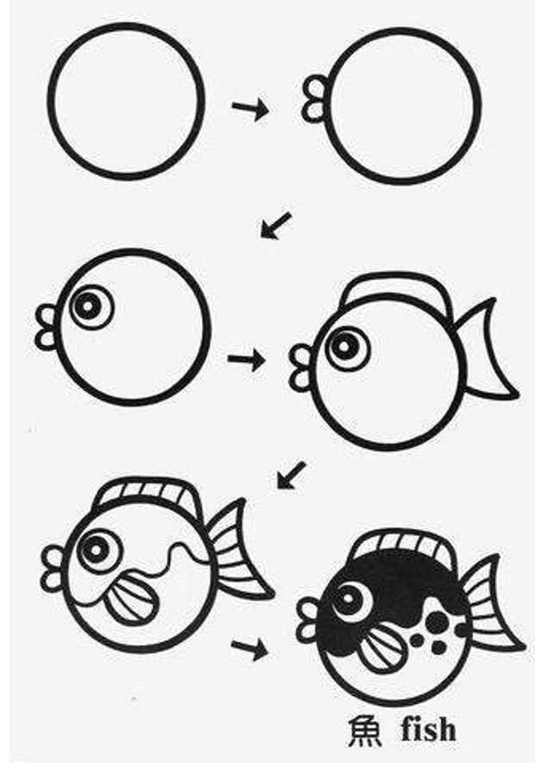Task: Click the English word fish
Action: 429,730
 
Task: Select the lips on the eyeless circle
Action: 313,99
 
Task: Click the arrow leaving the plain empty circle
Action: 250,109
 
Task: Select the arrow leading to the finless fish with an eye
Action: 275,225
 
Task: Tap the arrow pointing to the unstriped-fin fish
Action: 246,360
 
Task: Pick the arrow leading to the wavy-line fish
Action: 291,475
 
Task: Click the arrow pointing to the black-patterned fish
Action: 249,649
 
